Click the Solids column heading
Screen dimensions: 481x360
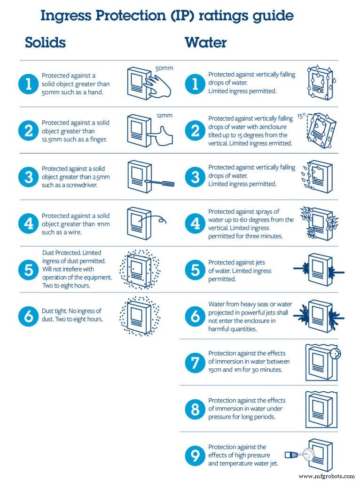click(x=45, y=43)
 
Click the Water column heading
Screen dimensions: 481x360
click(x=205, y=43)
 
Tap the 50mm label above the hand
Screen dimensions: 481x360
click(x=164, y=68)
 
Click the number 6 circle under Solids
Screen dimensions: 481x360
click(x=29, y=316)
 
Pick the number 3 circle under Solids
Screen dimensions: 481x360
click(x=29, y=177)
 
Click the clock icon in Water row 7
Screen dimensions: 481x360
click(x=335, y=353)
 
